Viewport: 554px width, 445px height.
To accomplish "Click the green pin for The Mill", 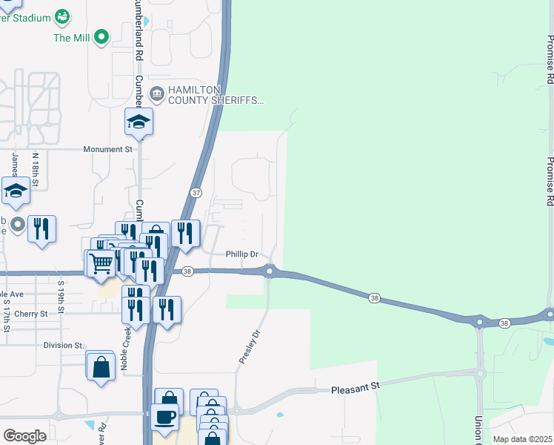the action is click(x=102, y=36).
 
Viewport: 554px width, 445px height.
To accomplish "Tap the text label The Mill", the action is click(x=72, y=37).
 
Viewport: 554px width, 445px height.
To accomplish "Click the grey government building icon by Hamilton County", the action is click(x=157, y=93).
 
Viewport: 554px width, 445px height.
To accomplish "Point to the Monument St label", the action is click(x=107, y=149).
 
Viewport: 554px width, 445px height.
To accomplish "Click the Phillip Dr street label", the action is click(x=241, y=254).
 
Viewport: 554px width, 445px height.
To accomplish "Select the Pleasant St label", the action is click(x=355, y=387).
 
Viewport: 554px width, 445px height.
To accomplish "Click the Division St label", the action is click(x=64, y=345).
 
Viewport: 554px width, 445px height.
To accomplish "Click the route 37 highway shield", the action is click(x=196, y=193).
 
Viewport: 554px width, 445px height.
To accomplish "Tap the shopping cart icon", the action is click(x=100, y=262).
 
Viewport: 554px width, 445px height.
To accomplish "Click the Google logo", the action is click(x=24, y=435).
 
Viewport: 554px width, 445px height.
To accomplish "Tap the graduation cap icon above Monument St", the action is click(x=138, y=121).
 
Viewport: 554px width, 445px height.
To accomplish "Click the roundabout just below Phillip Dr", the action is click(x=270, y=272).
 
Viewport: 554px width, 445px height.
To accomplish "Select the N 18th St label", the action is click(x=35, y=170).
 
